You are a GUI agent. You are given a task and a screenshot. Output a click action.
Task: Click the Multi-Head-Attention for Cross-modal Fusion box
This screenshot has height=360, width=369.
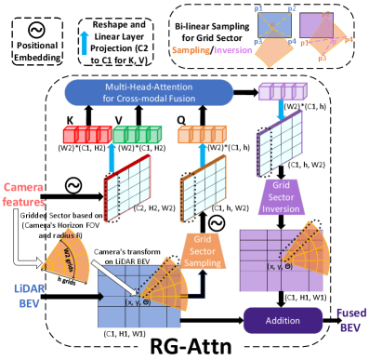[x=149, y=92]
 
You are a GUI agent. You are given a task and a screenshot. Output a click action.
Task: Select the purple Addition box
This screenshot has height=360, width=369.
[x=282, y=320]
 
